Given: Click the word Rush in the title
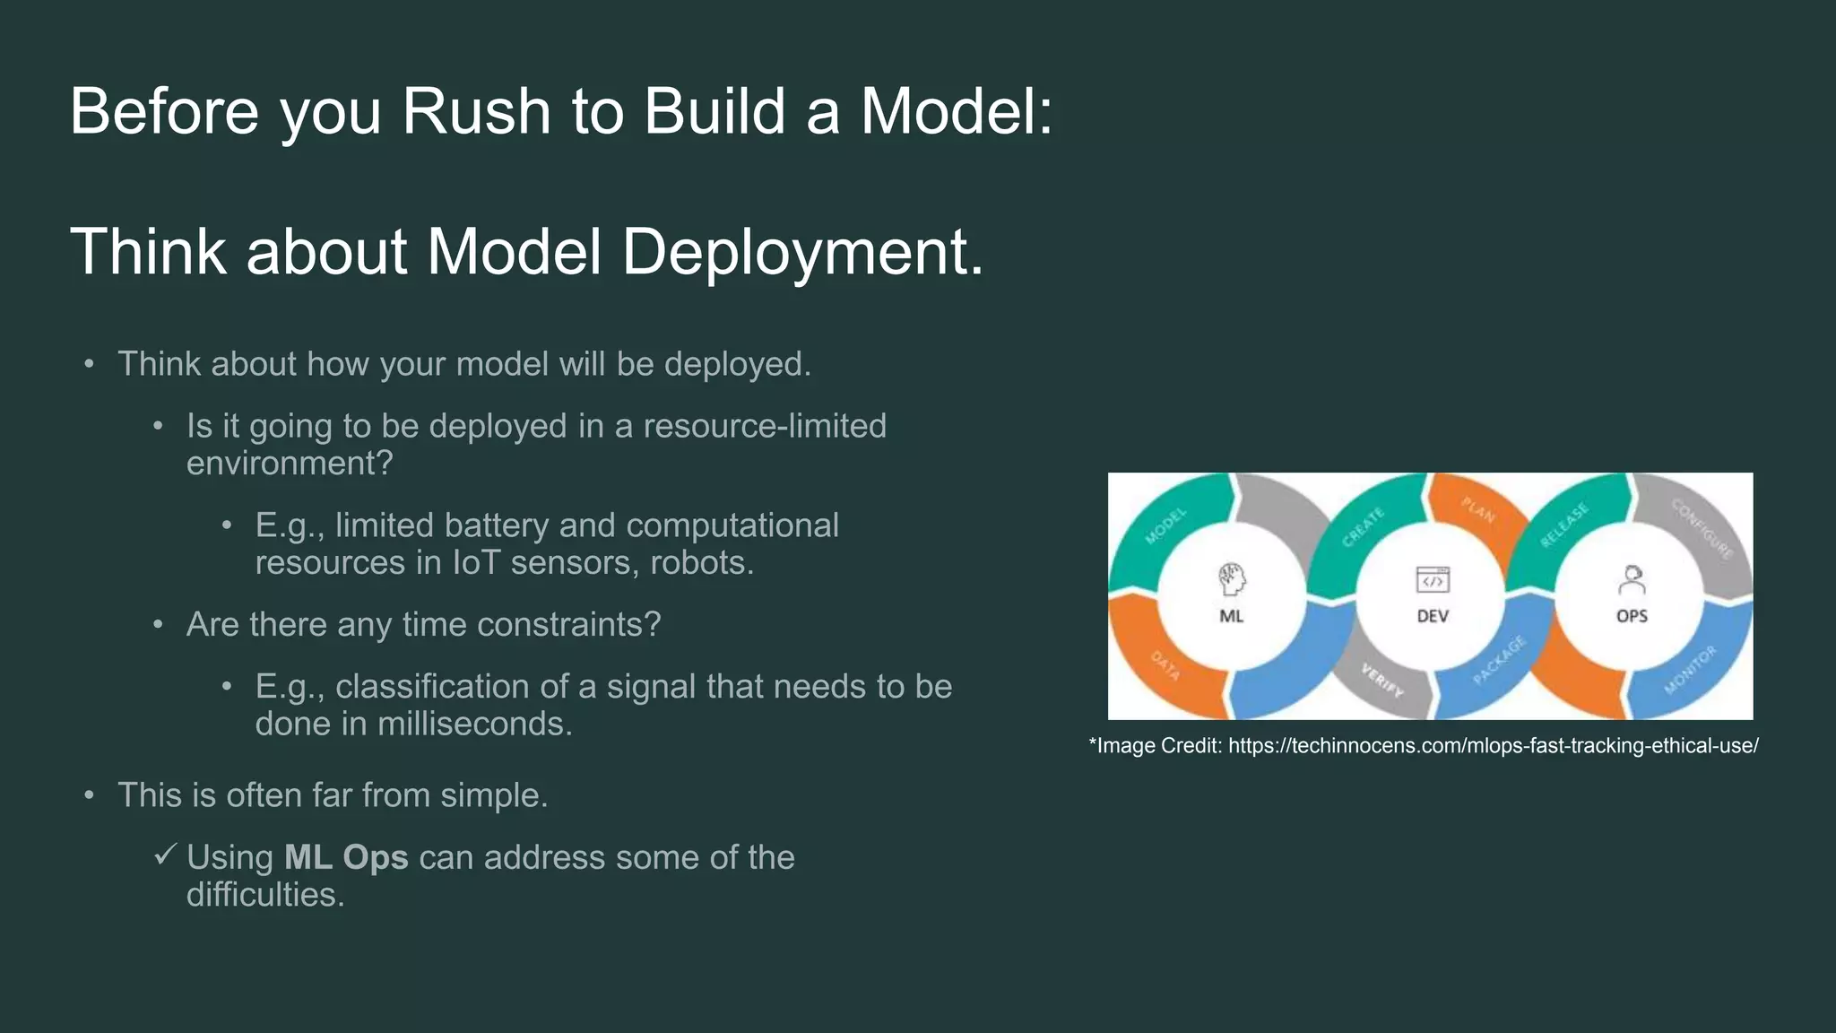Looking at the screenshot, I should pyautogui.click(x=475, y=112).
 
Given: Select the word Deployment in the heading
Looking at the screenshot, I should pyautogui.click(x=802, y=252).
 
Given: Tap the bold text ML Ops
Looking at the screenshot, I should pyautogui.click(x=346, y=858).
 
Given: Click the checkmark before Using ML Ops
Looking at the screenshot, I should pyautogui.click(x=164, y=855).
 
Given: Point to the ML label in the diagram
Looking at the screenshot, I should pyautogui.click(x=1231, y=616).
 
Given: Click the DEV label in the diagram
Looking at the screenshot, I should pyautogui.click(x=1432, y=616).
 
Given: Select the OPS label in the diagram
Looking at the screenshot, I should pyautogui.click(x=1632, y=616).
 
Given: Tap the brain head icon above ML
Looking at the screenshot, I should pyautogui.click(x=1232, y=579).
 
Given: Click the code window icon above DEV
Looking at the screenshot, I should pyautogui.click(x=1433, y=580).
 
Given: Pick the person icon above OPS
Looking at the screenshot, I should pyautogui.click(x=1632, y=580).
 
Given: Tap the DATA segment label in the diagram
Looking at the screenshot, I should pyautogui.click(x=1165, y=665).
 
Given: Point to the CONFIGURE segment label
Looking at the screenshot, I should pyautogui.click(x=1701, y=528).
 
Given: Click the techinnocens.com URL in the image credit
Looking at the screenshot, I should pyautogui.click(x=1493, y=746).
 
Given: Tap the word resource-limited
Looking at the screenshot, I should pyautogui.click(x=765, y=427).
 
